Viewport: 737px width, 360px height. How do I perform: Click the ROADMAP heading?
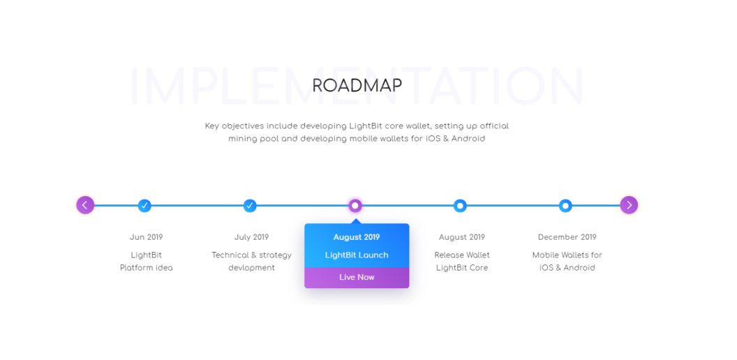pyautogui.click(x=357, y=86)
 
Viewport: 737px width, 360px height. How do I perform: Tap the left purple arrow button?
pyautogui.click(x=85, y=205)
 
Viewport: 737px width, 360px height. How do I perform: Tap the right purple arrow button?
pyautogui.click(x=629, y=205)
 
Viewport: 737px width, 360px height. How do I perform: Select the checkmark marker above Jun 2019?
pyautogui.click(x=144, y=205)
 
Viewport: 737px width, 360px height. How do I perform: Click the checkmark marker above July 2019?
pyautogui.click(x=250, y=205)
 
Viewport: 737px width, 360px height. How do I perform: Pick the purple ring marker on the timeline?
pyautogui.click(x=355, y=205)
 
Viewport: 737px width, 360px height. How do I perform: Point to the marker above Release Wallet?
pyautogui.click(x=460, y=205)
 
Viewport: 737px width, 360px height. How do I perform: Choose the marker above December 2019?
pyautogui.click(x=565, y=205)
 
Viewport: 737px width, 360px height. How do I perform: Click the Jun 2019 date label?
pyautogui.click(x=146, y=237)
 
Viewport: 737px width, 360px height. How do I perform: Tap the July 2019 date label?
pyautogui.click(x=251, y=237)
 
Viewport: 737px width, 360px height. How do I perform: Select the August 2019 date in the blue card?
pyautogui.click(x=357, y=237)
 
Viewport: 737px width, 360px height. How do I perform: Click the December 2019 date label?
pyautogui.click(x=567, y=237)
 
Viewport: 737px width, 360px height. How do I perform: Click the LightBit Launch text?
pyautogui.click(x=357, y=255)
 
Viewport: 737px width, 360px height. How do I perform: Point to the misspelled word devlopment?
pyautogui.click(x=251, y=268)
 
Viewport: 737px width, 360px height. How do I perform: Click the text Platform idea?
pyautogui.click(x=146, y=268)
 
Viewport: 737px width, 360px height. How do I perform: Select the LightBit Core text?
pyautogui.click(x=462, y=268)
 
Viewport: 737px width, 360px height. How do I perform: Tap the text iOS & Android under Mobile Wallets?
pyautogui.click(x=567, y=268)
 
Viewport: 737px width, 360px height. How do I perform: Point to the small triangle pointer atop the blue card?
pyautogui.click(x=356, y=221)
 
